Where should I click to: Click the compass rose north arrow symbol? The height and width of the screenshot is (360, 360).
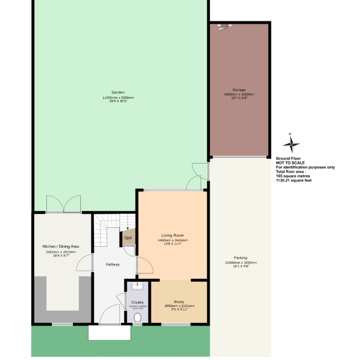pos(291,142)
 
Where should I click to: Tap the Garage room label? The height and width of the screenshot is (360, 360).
pos(239,90)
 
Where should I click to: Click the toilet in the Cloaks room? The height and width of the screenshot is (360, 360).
pos(138,318)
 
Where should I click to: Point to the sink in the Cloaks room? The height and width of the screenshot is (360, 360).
pos(137,286)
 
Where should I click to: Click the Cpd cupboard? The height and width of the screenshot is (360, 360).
pos(128,237)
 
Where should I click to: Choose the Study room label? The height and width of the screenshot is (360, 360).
pos(179,302)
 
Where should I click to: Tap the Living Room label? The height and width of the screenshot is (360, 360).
pos(173,235)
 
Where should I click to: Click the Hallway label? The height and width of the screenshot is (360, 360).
pos(112,264)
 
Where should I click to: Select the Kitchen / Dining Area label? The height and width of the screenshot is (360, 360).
pos(61,246)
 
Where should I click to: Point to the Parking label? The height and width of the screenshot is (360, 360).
pos(240,258)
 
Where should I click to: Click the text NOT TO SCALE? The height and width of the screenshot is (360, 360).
pos(290,163)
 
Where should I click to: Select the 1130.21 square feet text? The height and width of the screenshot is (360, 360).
pos(294,180)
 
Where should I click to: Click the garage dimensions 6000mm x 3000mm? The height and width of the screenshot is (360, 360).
pos(239,94)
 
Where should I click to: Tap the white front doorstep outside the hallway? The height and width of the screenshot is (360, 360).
pos(109,333)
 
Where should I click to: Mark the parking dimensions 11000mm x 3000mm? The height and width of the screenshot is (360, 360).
pos(241,263)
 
